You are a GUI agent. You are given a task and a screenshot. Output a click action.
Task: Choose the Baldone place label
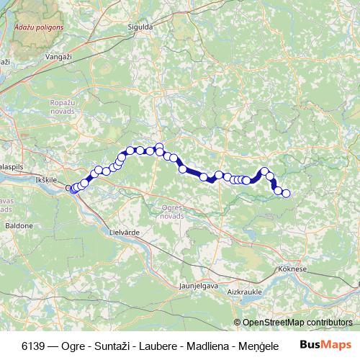pos(19,225)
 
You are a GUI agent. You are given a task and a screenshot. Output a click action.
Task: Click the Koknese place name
pos(292,269)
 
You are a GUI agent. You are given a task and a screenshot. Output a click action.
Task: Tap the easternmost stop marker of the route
pos(286,193)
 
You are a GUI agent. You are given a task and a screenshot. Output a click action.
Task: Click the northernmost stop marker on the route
pos(159,147)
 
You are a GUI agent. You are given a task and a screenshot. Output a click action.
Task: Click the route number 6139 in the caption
pos(33,343)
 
